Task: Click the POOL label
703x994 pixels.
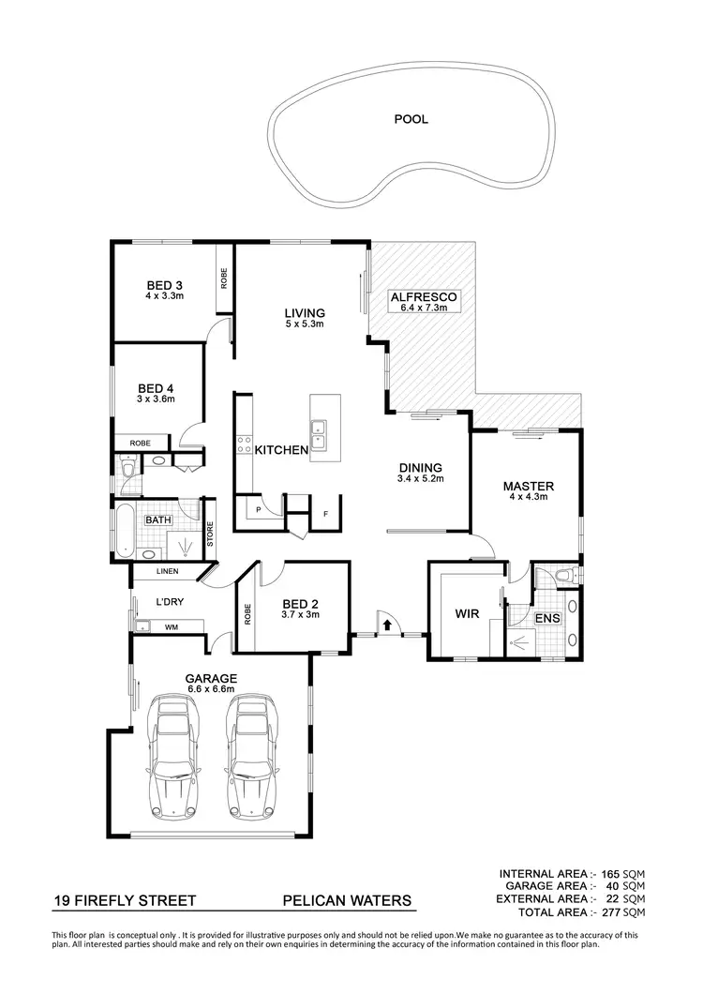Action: point(411,119)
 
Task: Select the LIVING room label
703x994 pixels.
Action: point(305,313)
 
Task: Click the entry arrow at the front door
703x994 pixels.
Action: point(385,622)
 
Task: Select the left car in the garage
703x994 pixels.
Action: point(172,754)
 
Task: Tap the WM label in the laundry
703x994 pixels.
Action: point(172,626)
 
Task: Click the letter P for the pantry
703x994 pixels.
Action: point(258,509)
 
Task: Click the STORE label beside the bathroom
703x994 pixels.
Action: point(210,535)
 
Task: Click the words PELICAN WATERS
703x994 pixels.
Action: point(347,901)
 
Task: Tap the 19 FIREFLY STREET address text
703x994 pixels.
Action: point(124,901)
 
